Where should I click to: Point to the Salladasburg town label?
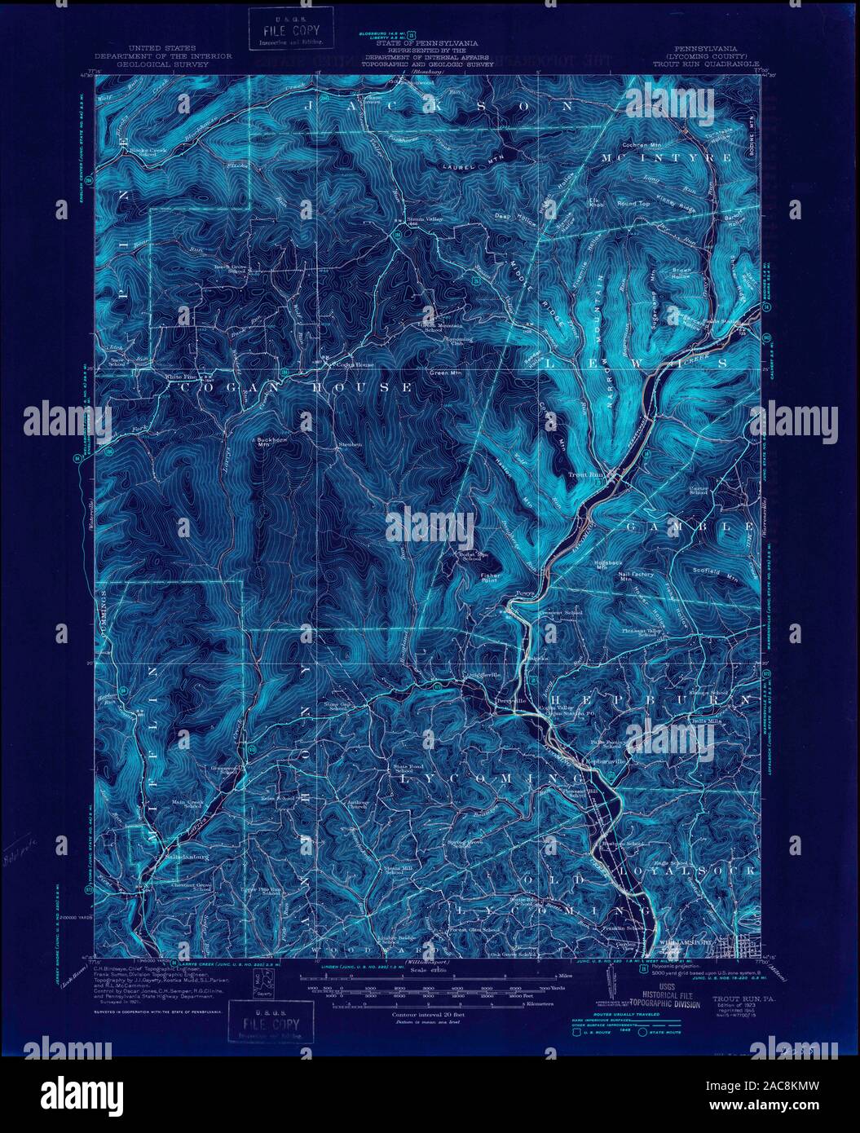coord(161,856)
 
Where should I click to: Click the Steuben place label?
coord(349,444)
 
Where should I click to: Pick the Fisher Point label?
coord(490,577)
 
